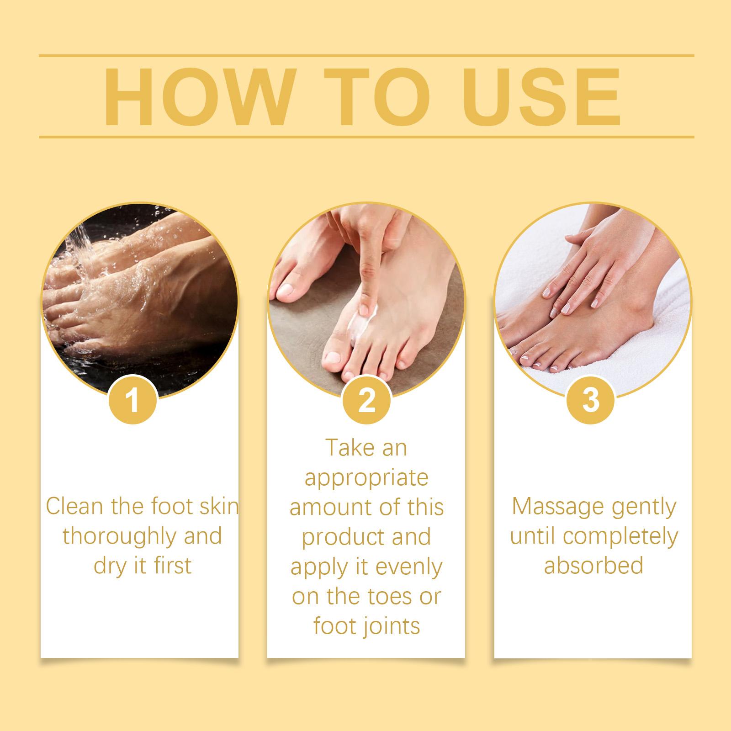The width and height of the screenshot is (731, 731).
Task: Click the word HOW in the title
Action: tap(198, 97)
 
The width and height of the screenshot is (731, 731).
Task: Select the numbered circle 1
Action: tap(133, 400)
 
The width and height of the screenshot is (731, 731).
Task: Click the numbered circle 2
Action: tap(366, 400)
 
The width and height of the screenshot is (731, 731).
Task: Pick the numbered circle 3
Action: tap(590, 400)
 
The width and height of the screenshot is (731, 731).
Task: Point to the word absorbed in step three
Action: tap(593, 566)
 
